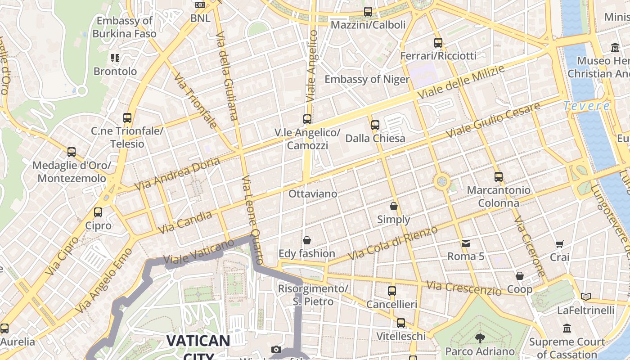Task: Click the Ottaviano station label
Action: click(313, 194)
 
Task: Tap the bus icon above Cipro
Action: click(98, 212)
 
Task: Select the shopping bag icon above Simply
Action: click(394, 206)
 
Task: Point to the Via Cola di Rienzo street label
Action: click(393, 243)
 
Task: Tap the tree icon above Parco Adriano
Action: click(480, 338)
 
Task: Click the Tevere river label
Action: click(586, 106)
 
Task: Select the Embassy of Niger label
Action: click(367, 80)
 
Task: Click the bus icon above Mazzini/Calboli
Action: click(368, 12)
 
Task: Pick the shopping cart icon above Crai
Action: click(559, 244)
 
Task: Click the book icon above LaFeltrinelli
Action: click(585, 297)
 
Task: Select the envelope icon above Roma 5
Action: click(465, 243)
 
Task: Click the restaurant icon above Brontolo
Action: click(115, 58)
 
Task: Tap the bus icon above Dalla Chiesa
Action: click(375, 125)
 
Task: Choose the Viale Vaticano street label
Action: click(198, 252)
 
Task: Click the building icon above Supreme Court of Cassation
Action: click(567, 328)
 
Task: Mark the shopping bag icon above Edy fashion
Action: click(306, 240)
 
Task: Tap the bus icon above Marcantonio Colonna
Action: click(498, 177)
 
